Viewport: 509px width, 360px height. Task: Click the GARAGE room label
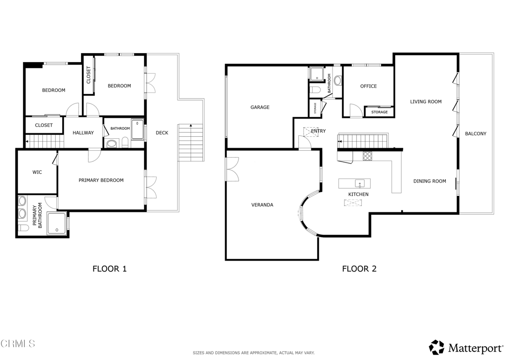[259, 107]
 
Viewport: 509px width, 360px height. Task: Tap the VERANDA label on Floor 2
[262, 205]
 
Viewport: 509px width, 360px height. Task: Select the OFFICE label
[368, 86]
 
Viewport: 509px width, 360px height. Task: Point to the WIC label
[37, 172]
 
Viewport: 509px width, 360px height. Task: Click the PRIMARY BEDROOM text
[101, 180]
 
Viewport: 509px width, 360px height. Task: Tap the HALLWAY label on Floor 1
[83, 132]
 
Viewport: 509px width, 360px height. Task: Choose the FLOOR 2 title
[359, 269]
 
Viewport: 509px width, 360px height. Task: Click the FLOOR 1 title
[110, 269]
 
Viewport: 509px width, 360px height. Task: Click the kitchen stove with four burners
[367, 156]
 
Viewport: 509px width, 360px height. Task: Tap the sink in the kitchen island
[360, 184]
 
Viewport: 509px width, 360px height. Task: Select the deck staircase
[191, 143]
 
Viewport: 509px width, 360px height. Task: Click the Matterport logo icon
[436, 348]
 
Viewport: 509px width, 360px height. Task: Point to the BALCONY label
[476, 133]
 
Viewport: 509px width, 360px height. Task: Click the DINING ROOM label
[429, 181]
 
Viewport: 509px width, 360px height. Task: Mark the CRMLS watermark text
[17, 344]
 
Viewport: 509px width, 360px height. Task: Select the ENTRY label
[318, 131]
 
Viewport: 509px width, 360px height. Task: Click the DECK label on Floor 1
[162, 132]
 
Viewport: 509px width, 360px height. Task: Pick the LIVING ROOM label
[425, 101]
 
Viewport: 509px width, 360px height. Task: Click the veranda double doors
[233, 169]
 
